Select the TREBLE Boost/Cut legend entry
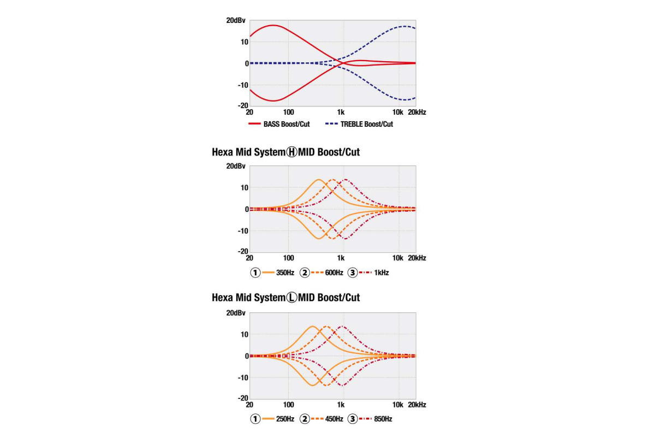click(x=366, y=124)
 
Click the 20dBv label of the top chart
click(x=236, y=20)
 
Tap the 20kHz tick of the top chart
click(x=416, y=112)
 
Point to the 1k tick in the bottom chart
click(x=341, y=405)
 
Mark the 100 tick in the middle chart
click(x=288, y=258)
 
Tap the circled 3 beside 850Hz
click(x=353, y=419)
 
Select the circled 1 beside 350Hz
click(x=255, y=272)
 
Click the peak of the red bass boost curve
click(x=273, y=25)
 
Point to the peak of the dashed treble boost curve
click(x=404, y=26)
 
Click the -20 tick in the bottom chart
click(x=242, y=398)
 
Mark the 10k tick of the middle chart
click(x=398, y=258)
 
